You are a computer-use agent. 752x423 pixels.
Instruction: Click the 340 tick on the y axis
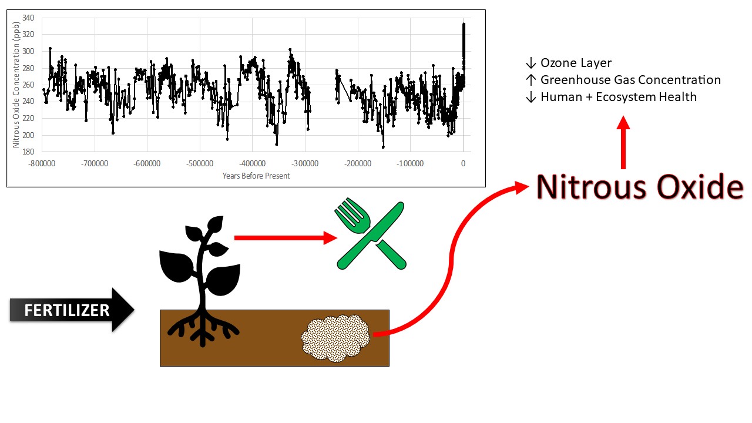pos(28,18)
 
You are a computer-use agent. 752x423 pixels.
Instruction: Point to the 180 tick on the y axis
pos(28,152)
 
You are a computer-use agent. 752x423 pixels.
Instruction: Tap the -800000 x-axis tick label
pos(42,163)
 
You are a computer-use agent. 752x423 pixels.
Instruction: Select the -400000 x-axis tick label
pos(252,163)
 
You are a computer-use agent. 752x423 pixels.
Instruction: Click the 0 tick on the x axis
pos(463,163)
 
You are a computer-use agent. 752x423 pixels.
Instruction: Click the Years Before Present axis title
pos(256,176)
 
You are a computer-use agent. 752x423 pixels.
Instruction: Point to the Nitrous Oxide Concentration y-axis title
pos(16,85)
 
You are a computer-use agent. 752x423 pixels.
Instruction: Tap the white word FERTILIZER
pos(67,310)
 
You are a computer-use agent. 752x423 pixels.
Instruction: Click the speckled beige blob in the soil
pos(335,338)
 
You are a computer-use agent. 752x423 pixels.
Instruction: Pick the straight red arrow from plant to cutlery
pos(286,238)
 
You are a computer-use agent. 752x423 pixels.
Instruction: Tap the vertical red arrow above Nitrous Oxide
pos(623,142)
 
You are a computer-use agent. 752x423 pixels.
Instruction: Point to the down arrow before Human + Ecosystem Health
pos(531,97)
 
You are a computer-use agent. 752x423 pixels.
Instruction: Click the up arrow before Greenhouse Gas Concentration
pos(531,80)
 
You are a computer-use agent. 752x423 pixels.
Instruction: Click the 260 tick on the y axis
pos(28,85)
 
